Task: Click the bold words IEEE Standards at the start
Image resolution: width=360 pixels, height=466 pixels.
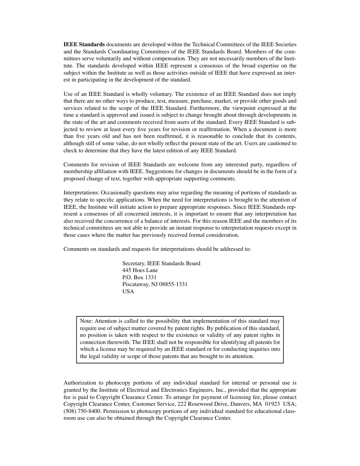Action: pos(84,44)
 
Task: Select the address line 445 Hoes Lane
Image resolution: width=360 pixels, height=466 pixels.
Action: pos(140,271)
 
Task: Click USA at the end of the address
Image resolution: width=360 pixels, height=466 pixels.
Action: pos(128,292)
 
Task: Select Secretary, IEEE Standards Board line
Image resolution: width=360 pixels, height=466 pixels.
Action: pos(161,263)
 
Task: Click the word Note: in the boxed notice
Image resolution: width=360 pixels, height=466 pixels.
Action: pos(87,321)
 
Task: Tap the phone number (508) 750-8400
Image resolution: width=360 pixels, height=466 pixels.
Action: pos(81,411)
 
